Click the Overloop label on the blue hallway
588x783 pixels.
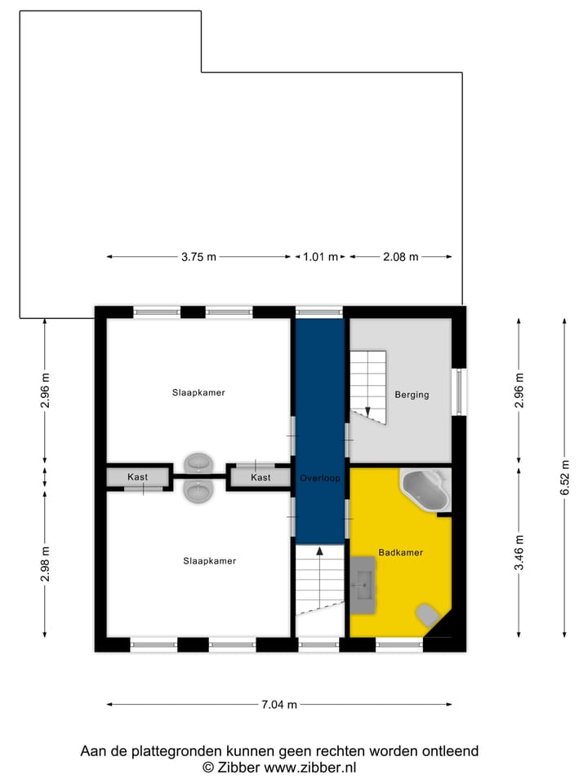tap(319, 478)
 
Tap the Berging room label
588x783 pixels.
tap(412, 395)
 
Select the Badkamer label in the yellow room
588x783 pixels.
tap(400, 552)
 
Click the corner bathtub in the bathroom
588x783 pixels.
tap(425, 489)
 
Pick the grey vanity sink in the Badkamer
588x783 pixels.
tap(363, 584)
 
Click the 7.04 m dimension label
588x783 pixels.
tap(279, 705)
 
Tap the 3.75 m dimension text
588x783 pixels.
tap(198, 257)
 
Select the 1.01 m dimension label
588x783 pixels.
tap(320, 257)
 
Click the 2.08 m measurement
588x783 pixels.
tap(400, 257)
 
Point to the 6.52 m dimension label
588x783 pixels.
tap(564, 478)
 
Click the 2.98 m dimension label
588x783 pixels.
tap(46, 563)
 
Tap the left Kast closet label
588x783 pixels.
tap(137, 477)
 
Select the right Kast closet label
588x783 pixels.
tap(261, 477)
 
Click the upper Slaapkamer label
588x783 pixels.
tap(198, 392)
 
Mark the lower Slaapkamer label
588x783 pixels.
tap(209, 560)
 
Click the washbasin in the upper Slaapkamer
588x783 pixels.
tap(198, 463)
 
